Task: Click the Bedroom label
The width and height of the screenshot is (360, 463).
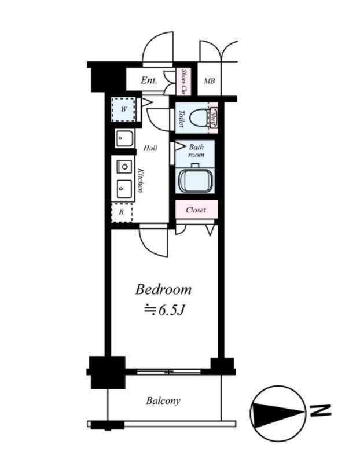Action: [163, 289]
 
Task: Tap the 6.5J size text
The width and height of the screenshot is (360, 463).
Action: [171, 310]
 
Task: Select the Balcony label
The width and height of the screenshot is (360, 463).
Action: [163, 401]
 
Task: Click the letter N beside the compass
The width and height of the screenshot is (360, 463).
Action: [320, 410]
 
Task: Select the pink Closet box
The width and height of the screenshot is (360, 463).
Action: [196, 210]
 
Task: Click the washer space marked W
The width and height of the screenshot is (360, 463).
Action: [123, 109]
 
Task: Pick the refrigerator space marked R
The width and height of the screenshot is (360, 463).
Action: [122, 212]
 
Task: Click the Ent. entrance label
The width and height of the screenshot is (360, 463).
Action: [149, 80]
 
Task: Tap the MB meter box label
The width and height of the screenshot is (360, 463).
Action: [210, 80]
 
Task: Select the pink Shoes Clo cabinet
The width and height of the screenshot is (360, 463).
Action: [183, 82]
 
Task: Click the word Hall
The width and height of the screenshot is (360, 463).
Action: [150, 148]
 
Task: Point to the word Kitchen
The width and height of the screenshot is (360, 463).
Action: [141, 180]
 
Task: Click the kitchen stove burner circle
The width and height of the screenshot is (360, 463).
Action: [125, 167]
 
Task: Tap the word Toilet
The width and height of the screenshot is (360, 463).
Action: [181, 119]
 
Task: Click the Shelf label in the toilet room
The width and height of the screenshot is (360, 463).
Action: [214, 118]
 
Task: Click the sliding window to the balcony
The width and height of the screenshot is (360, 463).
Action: [168, 372]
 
